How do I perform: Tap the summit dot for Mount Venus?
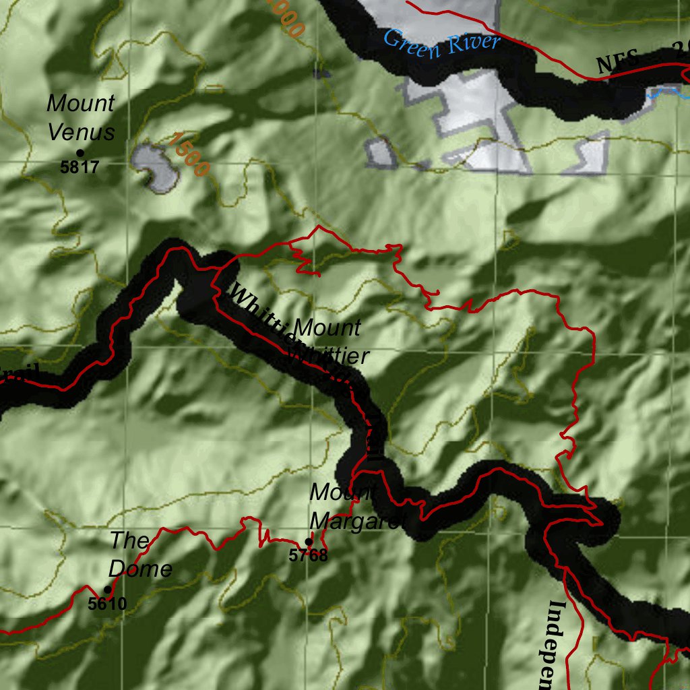tap(80, 154)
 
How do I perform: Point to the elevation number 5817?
tap(80, 167)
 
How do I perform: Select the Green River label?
tap(442, 44)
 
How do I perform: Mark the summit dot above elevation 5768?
tap(309, 542)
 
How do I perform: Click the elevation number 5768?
tap(308, 556)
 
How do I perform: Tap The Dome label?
tap(140, 554)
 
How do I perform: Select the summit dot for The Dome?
tap(107, 590)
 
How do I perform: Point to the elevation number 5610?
tap(107, 604)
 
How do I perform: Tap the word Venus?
tap(81, 131)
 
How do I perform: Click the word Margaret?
tap(356, 521)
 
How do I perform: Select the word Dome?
tap(140, 569)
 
